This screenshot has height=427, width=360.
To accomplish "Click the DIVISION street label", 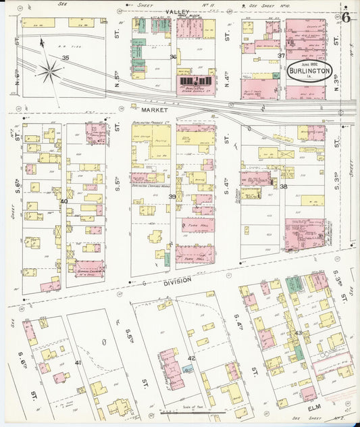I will [x=177, y=279].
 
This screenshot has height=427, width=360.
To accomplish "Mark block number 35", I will [x=66, y=58].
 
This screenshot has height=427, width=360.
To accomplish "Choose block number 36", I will [x=173, y=57].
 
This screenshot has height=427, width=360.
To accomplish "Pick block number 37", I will [x=281, y=55].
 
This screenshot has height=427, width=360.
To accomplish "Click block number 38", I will [x=284, y=186].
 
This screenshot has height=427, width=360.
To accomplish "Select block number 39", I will [x=172, y=197].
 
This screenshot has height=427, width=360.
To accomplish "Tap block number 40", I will [x=64, y=201].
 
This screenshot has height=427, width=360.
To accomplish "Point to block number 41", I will [x=78, y=363].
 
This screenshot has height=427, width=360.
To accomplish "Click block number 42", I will [x=191, y=358].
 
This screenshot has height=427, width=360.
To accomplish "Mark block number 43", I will [x=297, y=333].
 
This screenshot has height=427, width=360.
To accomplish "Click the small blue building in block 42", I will [x=186, y=369].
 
